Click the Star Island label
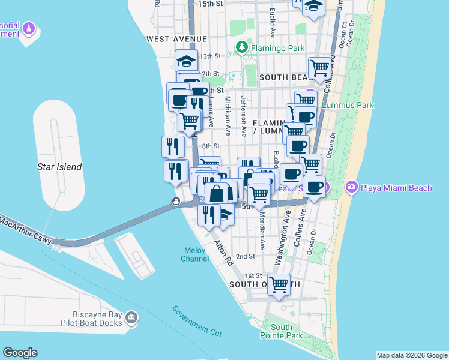[59, 167]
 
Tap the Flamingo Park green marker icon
[241, 47]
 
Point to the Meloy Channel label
[195, 254]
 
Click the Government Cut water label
[196, 320]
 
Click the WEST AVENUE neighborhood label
[172, 38]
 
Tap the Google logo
[20, 353]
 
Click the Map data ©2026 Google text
[411, 355]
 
